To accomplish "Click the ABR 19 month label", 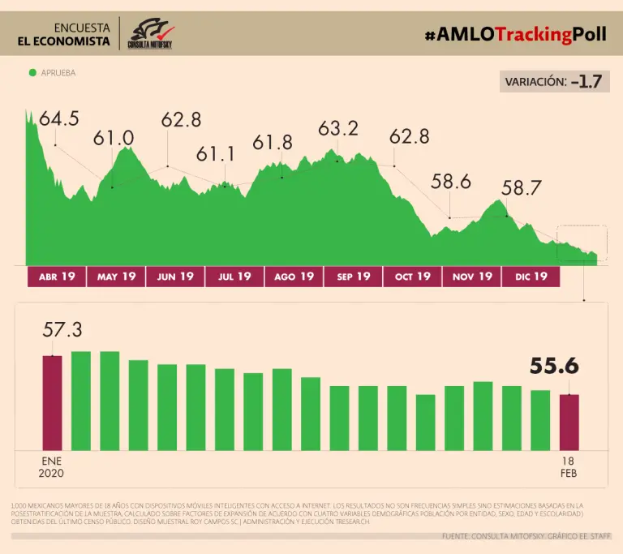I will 57,277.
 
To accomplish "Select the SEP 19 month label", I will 353,277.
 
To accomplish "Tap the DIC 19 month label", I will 531,277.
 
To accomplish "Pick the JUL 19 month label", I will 234,277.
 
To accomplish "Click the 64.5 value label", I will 59,119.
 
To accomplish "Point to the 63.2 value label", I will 338,128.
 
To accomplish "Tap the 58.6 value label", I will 451,183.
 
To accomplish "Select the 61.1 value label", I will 215,154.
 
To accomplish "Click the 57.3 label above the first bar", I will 63,330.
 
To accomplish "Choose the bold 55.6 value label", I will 554,367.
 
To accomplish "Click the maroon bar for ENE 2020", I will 52,402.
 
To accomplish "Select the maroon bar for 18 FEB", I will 569,422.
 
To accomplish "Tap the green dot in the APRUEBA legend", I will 32,73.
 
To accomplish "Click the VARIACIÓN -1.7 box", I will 554,81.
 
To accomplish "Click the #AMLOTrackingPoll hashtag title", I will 515,34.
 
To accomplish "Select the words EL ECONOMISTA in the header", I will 64,41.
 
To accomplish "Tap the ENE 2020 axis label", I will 52,466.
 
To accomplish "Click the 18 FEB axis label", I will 569,466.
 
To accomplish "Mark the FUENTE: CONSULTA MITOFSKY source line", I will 527,536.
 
